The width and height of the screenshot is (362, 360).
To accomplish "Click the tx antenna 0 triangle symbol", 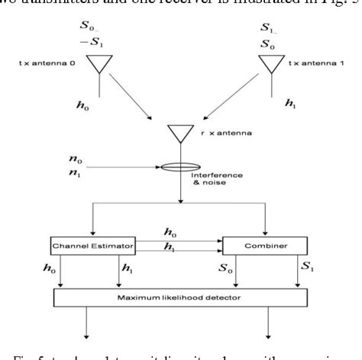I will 99,65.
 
